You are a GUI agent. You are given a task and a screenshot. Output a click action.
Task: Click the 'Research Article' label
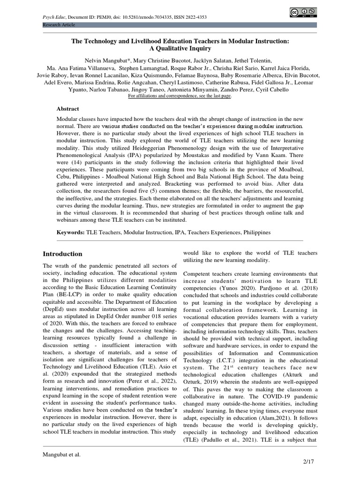tap(58, 24)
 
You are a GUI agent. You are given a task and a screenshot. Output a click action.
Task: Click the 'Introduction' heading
tap(62, 254)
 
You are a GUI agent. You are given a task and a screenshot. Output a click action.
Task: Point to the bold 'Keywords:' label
tap(70, 232)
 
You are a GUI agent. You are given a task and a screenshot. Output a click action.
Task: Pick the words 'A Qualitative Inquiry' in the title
tap(180, 48)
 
